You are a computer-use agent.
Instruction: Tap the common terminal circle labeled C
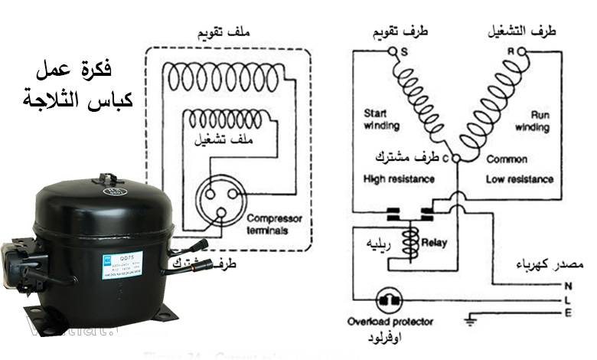(456, 158)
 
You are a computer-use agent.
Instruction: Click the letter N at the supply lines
(568, 286)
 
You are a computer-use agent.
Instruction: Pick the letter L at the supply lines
(568, 299)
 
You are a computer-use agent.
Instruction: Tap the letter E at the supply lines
(568, 313)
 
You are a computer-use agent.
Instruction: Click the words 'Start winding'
(380, 121)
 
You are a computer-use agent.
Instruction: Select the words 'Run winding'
(532, 121)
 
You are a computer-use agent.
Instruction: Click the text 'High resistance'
(399, 179)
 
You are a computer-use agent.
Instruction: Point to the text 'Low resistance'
(520, 179)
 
